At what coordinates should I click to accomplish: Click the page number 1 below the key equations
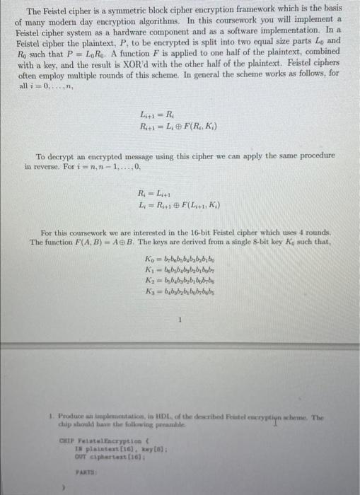180,319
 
